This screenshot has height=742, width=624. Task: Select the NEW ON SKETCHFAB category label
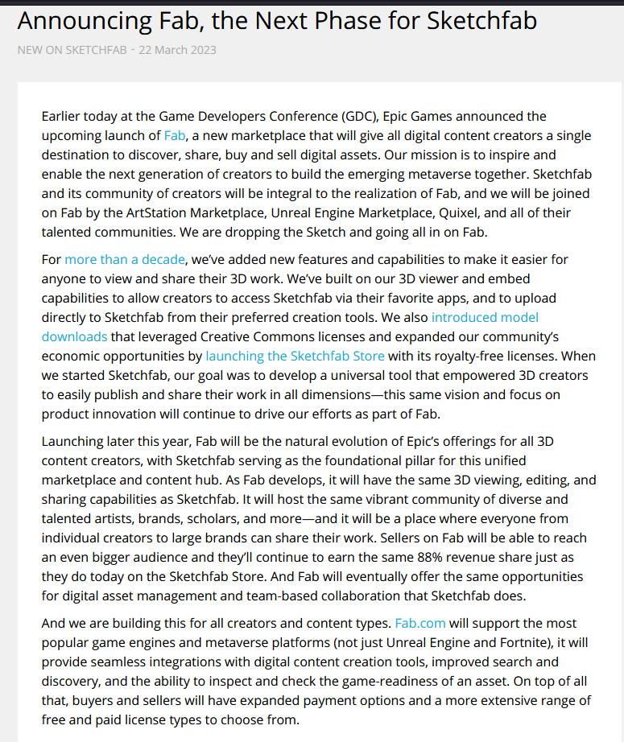(x=72, y=50)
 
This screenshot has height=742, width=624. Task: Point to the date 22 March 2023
(x=177, y=50)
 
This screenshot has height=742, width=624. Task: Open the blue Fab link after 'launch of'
(x=174, y=135)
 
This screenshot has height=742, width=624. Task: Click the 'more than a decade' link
(x=125, y=259)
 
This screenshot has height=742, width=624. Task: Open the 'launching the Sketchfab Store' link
(x=295, y=356)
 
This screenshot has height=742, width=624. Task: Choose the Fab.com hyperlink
(x=420, y=623)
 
